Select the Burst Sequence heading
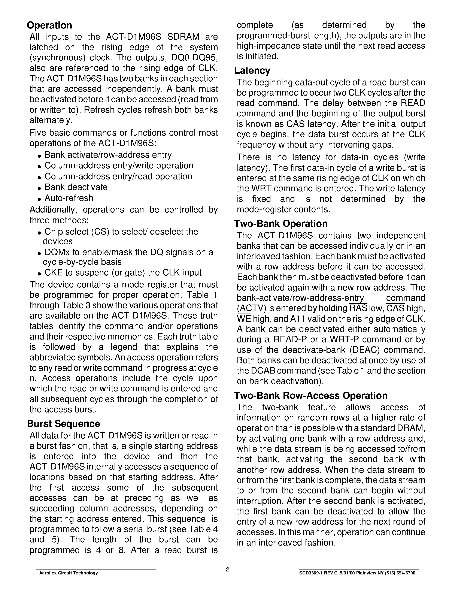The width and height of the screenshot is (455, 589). click(63, 424)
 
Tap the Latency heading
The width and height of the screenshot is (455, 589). click(252, 71)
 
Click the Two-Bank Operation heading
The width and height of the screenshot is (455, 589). click(281, 224)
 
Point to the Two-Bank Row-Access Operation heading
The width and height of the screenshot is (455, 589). click(311, 396)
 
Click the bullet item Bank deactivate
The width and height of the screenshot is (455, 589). click(76, 187)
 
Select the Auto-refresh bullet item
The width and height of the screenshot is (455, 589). click(69, 198)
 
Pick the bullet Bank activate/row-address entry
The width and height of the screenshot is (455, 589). click(108, 155)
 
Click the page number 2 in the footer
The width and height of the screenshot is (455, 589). click(227, 570)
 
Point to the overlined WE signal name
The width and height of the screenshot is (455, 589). click(244, 319)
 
